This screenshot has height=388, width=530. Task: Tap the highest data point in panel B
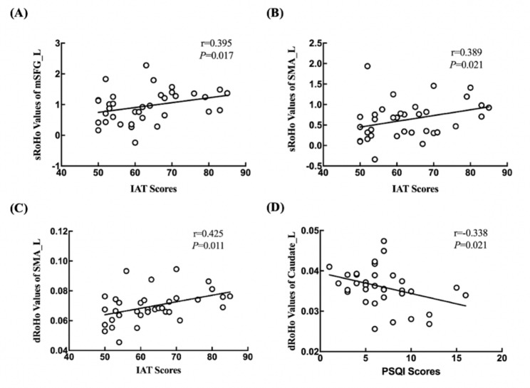pyautogui.click(x=368, y=66)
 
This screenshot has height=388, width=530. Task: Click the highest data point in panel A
pyautogui.click(x=146, y=65)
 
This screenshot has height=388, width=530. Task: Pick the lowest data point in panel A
pyautogui.click(x=135, y=142)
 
